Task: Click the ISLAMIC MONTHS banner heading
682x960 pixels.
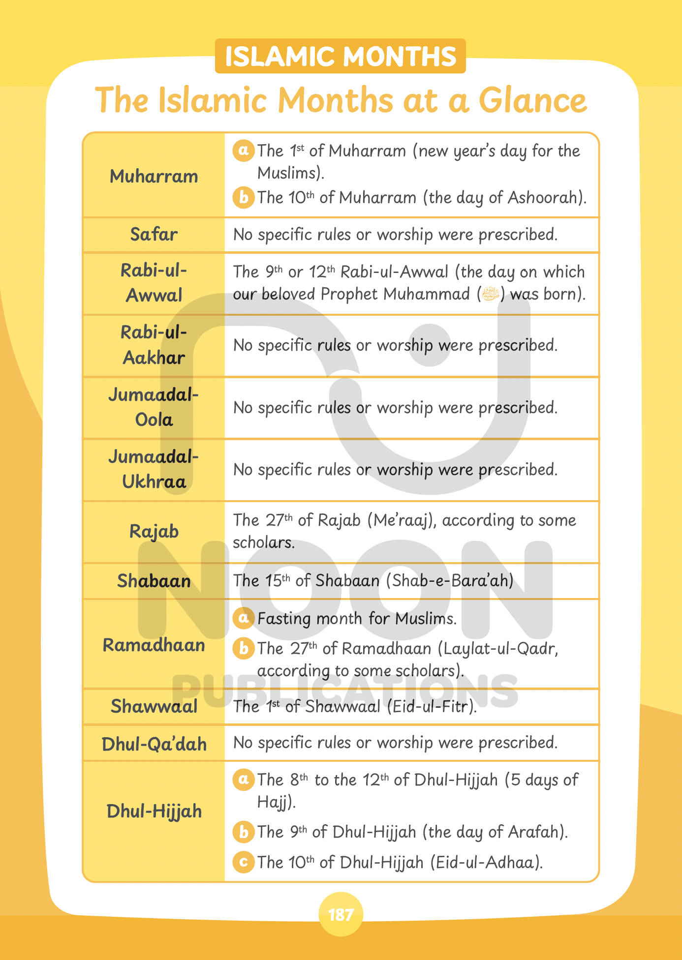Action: pyautogui.click(x=341, y=56)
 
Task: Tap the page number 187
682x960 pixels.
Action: pyautogui.click(x=341, y=915)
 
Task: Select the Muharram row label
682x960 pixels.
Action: pyautogui.click(x=154, y=176)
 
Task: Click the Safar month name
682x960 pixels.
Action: pyautogui.click(x=154, y=235)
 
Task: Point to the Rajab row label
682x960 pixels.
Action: pyautogui.click(x=154, y=532)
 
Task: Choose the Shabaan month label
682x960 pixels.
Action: pyautogui.click(x=154, y=581)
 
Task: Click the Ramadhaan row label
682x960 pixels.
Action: pyautogui.click(x=154, y=645)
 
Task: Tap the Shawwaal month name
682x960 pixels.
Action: pyautogui.click(x=154, y=707)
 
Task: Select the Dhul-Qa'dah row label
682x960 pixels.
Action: pyautogui.click(x=154, y=744)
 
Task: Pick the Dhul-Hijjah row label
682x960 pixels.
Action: pyautogui.click(x=154, y=811)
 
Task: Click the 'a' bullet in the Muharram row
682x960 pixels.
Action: pyautogui.click(x=243, y=150)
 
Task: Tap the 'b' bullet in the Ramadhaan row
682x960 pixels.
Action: pyautogui.click(x=243, y=648)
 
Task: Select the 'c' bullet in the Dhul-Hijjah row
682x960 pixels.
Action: pyautogui.click(x=243, y=862)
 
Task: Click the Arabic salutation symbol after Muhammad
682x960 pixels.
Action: pyautogui.click(x=491, y=294)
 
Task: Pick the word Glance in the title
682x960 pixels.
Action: pyautogui.click(x=533, y=101)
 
